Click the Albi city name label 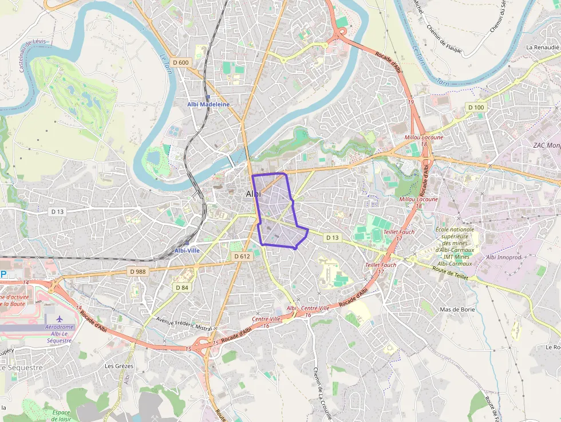[253, 194]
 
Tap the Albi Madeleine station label [208, 104]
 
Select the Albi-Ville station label [187, 250]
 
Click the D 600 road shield [180, 62]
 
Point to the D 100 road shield [476, 107]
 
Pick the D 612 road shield [242, 257]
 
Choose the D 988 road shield [138, 271]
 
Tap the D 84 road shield [181, 287]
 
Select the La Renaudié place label [543, 47]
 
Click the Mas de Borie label [457, 309]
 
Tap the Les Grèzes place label [119, 366]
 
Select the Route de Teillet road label [451, 273]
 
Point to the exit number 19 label [410, 102]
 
